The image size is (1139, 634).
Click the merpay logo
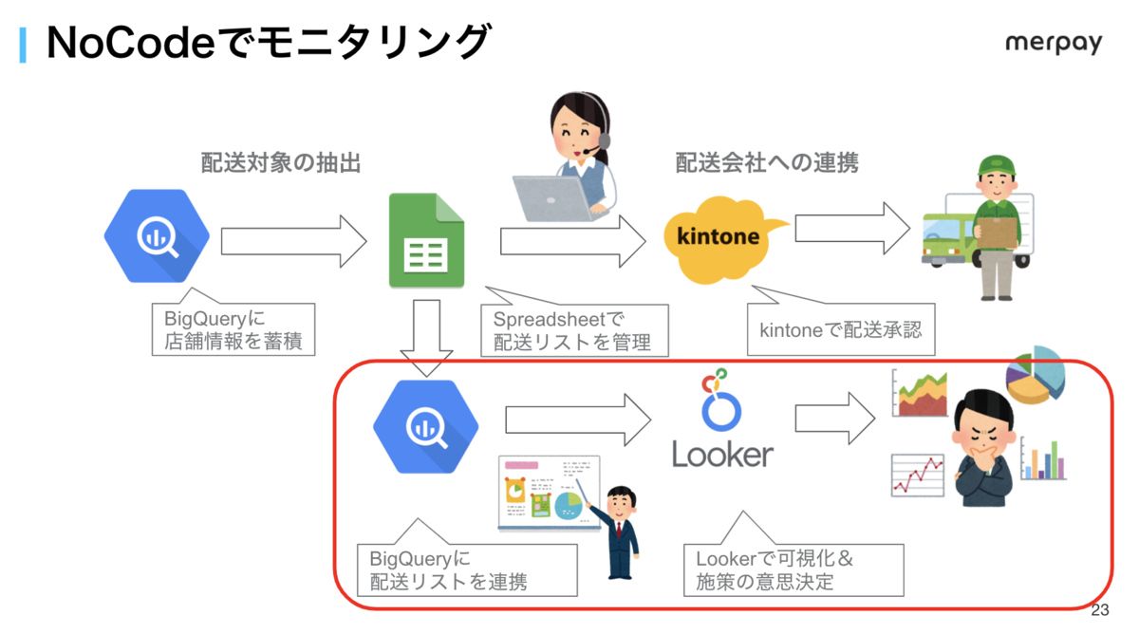[x=1054, y=44]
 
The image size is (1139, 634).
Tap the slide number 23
[x=1100, y=610]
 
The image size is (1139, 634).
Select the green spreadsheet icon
[x=426, y=240]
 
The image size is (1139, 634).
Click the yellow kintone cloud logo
[x=722, y=239]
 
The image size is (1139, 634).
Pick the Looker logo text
[x=722, y=454]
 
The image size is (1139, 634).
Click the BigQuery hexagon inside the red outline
[x=426, y=427]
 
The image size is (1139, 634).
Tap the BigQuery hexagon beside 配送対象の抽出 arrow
[x=157, y=236]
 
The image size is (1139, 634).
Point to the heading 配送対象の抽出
[x=281, y=162]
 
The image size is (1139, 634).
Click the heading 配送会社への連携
[x=767, y=162]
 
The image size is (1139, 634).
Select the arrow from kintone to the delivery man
[x=852, y=229]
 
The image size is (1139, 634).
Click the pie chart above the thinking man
[x=1036, y=375]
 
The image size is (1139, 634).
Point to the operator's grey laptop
[x=554, y=198]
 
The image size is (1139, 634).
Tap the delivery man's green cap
[x=998, y=165]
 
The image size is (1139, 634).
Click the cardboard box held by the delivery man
[x=998, y=232]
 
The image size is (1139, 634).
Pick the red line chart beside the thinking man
[x=918, y=475]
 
